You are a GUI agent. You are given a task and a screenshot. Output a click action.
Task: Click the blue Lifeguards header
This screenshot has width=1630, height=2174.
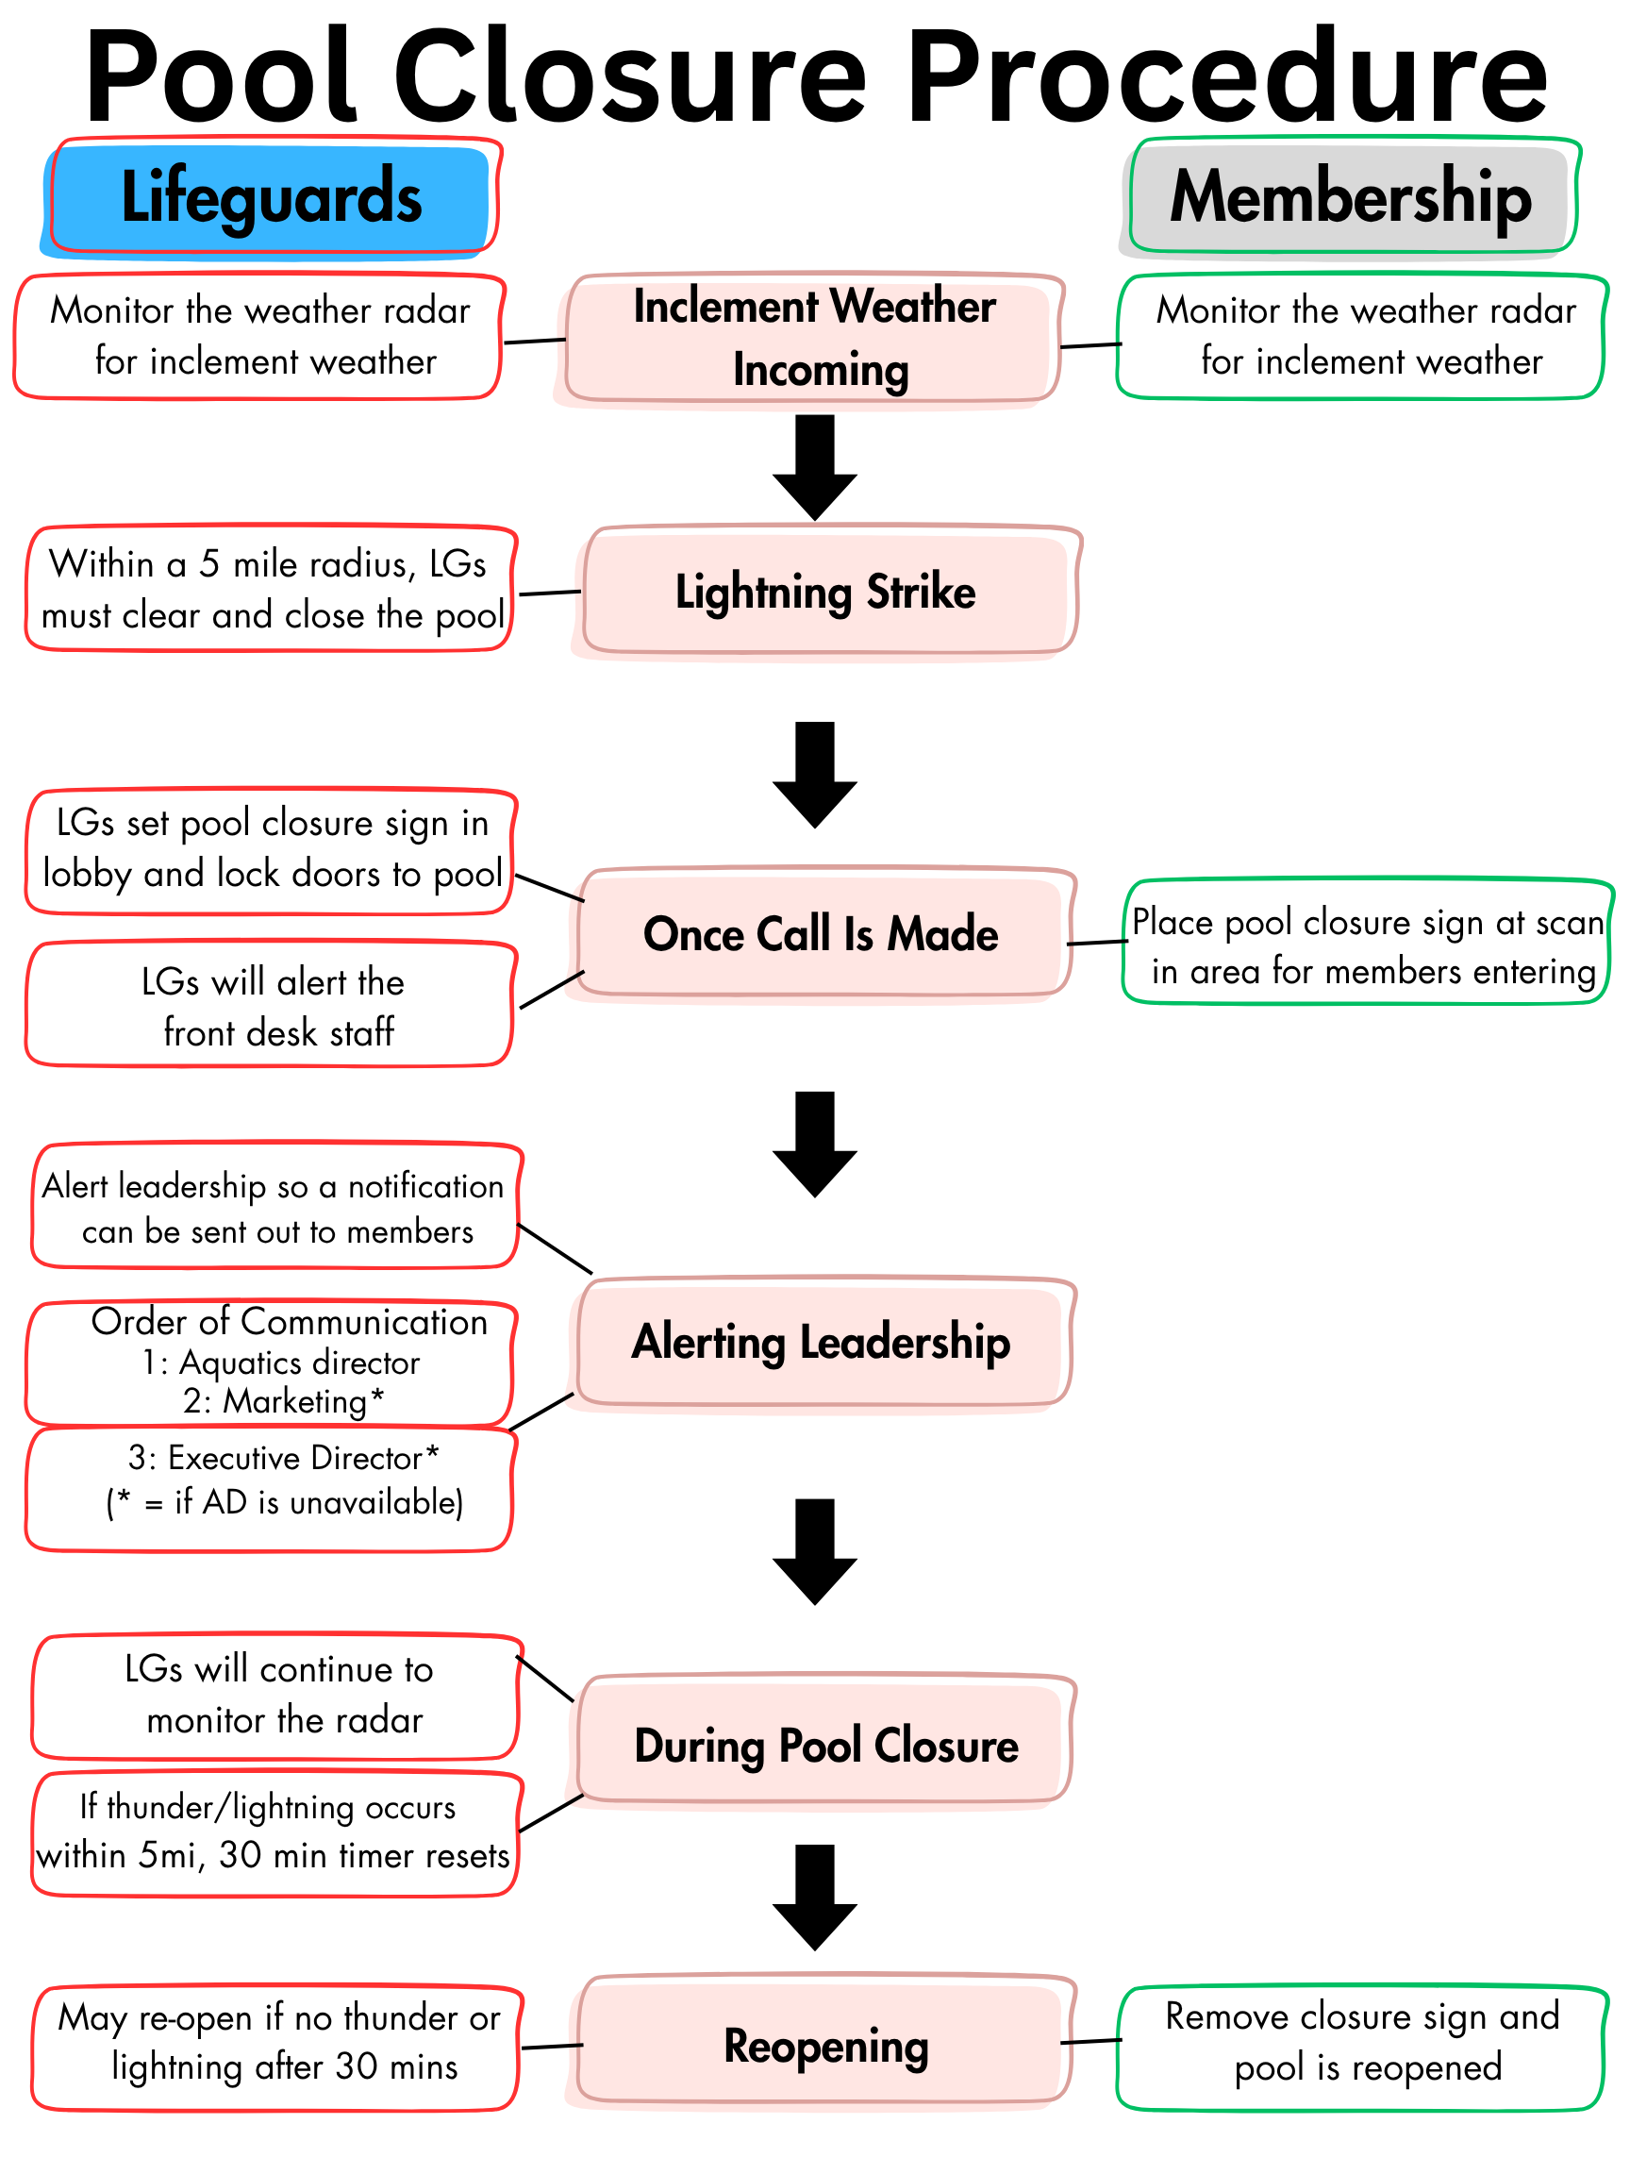pyautogui.click(x=270, y=197)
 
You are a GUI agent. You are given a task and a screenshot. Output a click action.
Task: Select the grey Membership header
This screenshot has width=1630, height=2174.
pyautogui.click(x=1350, y=197)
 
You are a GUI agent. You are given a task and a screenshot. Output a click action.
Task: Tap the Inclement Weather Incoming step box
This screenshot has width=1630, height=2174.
pyautogui.click(x=813, y=338)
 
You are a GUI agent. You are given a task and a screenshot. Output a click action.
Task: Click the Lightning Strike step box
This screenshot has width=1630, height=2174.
pyautogui.click(x=825, y=592)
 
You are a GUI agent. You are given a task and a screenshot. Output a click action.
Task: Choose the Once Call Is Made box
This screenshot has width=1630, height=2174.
pyautogui.click(x=822, y=934)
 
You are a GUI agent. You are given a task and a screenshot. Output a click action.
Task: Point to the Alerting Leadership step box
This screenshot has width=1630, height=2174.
pyautogui.click(x=822, y=1343)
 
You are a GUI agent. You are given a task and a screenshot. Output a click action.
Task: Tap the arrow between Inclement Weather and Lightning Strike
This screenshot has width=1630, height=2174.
pyautogui.click(x=814, y=467)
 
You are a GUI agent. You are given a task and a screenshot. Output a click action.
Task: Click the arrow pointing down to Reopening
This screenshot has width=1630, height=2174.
pyautogui.click(x=814, y=1897)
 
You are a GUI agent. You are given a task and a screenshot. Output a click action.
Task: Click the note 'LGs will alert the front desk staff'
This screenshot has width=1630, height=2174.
pyautogui.click(x=270, y=1007)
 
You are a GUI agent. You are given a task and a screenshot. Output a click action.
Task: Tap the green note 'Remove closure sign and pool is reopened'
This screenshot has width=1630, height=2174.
pyautogui.click(x=1362, y=2042)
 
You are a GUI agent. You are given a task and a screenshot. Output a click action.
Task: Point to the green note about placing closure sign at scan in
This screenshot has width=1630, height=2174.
pyautogui.click(x=1366, y=945)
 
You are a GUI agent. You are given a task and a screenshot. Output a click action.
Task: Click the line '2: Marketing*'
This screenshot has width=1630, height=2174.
pyautogui.click(x=284, y=1401)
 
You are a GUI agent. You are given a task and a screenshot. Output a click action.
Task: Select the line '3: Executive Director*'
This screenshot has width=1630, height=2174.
pyautogui.click(x=284, y=1459)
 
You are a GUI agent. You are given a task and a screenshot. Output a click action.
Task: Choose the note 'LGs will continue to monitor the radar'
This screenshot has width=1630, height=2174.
pyautogui.click(x=278, y=1695)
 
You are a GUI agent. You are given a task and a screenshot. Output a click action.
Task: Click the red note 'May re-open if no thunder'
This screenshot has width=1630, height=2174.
pyautogui.click(x=278, y=2042)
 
